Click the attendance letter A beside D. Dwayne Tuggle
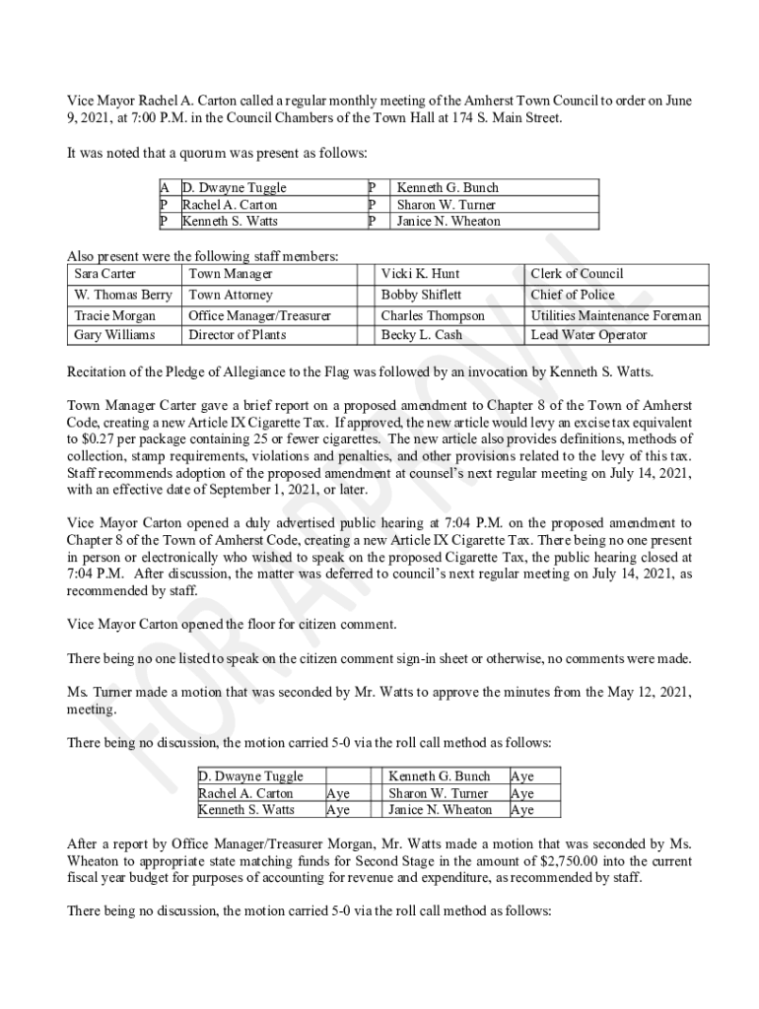pyautogui.click(x=165, y=187)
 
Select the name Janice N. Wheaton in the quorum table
pyautogui.click(x=448, y=222)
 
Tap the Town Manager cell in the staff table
pyautogui.click(x=231, y=274)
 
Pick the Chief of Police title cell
pyautogui.click(x=573, y=295)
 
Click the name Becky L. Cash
pyautogui.click(x=422, y=335)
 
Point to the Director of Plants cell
pyautogui.click(x=238, y=335)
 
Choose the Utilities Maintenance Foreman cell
pyautogui.click(x=616, y=316)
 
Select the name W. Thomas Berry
pyautogui.click(x=123, y=295)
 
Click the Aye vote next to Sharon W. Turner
pyautogui.click(x=522, y=793)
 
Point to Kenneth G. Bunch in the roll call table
pyautogui.click(x=440, y=776)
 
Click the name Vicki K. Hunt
pyautogui.click(x=420, y=274)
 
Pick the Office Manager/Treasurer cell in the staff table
pyautogui.click(x=259, y=316)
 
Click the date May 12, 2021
pyautogui.click(x=647, y=693)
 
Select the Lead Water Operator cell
pyautogui.click(x=589, y=335)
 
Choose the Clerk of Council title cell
pyautogui.click(x=578, y=274)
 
